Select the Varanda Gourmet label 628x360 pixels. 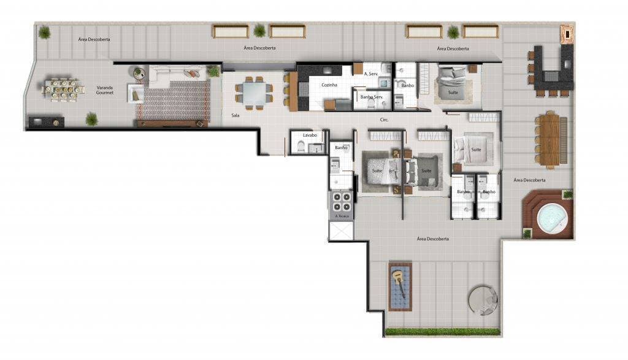click(x=105, y=90)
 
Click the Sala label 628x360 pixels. click(x=235, y=115)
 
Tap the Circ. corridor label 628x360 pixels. click(x=385, y=120)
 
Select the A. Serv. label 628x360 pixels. click(x=370, y=74)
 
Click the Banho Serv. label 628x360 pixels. click(x=372, y=96)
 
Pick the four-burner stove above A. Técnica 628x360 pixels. click(x=341, y=201)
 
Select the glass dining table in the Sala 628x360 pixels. click(x=254, y=93)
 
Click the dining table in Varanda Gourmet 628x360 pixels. click(x=63, y=90)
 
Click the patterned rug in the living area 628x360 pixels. click(x=174, y=101)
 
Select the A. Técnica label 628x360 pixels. click(x=341, y=216)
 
